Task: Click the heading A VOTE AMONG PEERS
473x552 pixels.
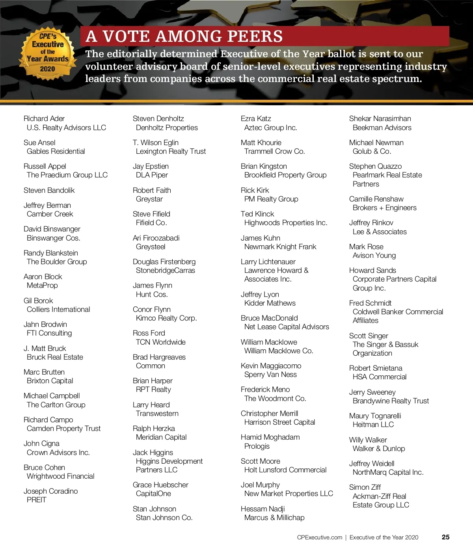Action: (x=184, y=36)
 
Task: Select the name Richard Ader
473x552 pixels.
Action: (x=44, y=119)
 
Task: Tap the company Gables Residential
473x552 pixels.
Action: (x=56, y=151)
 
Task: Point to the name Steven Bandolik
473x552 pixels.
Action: (x=49, y=190)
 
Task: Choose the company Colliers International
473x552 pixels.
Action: (x=58, y=310)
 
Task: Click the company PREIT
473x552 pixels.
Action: (x=37, y=500)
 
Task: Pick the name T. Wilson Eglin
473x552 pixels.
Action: (x=156, y=143)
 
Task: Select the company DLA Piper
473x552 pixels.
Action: (x=152, y=175)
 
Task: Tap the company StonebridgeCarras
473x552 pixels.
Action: (x=166, y=270)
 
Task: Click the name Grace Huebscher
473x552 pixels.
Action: (x=160, y=485)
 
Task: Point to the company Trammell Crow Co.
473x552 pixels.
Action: (x=274, y=151)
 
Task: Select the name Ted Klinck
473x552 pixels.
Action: (x=257, y=214)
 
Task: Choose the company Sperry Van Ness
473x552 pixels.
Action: (x=270, y=375)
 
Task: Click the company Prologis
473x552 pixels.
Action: (x=257, y=446)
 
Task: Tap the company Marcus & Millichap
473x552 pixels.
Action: (x=274, y=518)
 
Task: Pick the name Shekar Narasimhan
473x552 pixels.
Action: (x=380, y=119)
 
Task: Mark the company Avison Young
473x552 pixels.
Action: (x=374, y=255)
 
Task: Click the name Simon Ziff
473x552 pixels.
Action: (x=365, y=487)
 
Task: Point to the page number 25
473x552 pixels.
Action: (x=445, y=537)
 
